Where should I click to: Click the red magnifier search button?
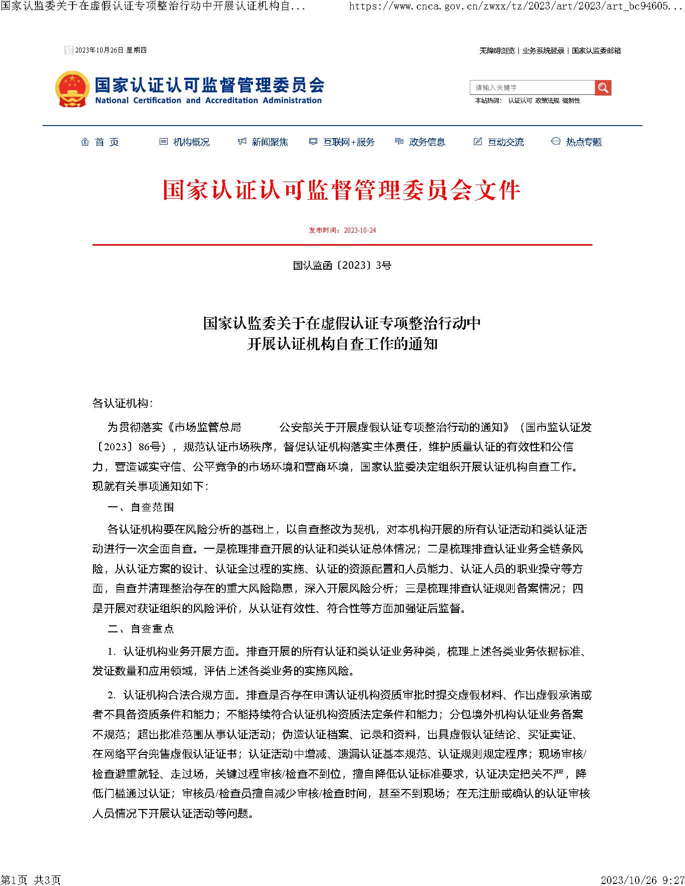[x=603, y=88]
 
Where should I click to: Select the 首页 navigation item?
[x=100, y=142]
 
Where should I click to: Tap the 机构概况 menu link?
[x=185, y=142]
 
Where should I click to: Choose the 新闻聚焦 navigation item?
[x=263, y=142]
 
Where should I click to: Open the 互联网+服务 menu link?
[x=342, y=142]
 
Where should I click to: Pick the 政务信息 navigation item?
[x=420, y=142]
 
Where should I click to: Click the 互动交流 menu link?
[x=499, y=142]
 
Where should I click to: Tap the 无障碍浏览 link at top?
[x=497, y=51]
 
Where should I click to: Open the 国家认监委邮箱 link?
[x=596, y=51]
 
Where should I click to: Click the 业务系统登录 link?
[x=543, y=51]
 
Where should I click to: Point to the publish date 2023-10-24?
[x=342, y=231]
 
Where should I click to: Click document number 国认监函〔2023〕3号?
[x=342, y=265]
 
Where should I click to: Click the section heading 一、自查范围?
[x=141, y=507]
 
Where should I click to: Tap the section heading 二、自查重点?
[x=141, y=629]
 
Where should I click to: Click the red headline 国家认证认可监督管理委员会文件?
[x=342, y=191]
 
